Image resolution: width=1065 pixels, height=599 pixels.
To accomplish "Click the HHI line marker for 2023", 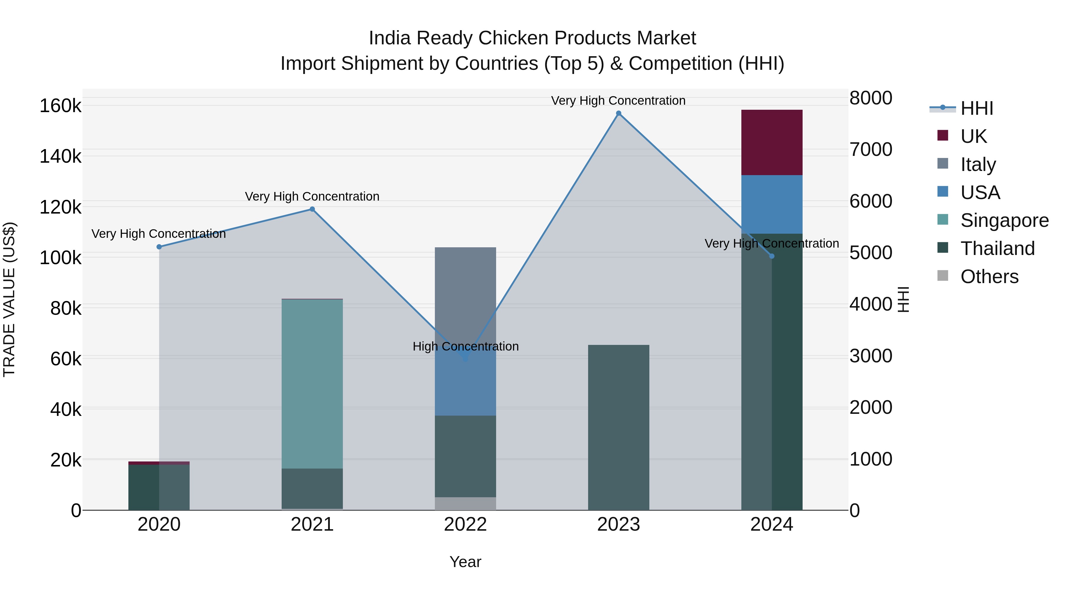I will [x=619, y=113].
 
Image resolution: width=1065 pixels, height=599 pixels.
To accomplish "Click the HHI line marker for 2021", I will [x=312, y=209].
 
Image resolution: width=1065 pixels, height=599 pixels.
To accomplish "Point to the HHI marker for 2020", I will [x=159, y=247].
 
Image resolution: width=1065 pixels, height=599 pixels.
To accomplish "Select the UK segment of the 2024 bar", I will [x=772, y=142].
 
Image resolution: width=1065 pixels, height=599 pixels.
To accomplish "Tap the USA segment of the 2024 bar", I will [x=772, y=204].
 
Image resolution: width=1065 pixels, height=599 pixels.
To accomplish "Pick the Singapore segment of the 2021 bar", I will [x=312, y=384].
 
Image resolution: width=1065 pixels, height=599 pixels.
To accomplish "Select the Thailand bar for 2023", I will [x=619, y=427].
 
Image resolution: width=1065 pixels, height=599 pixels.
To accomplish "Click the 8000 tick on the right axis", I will [x=871, y=98].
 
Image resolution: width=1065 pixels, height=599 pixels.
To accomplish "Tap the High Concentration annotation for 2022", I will [x=466, y=346].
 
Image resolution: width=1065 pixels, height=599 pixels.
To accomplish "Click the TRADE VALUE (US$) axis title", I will [x=9, y=299].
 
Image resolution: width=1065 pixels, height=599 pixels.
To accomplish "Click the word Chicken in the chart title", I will [x=509, y=38].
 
